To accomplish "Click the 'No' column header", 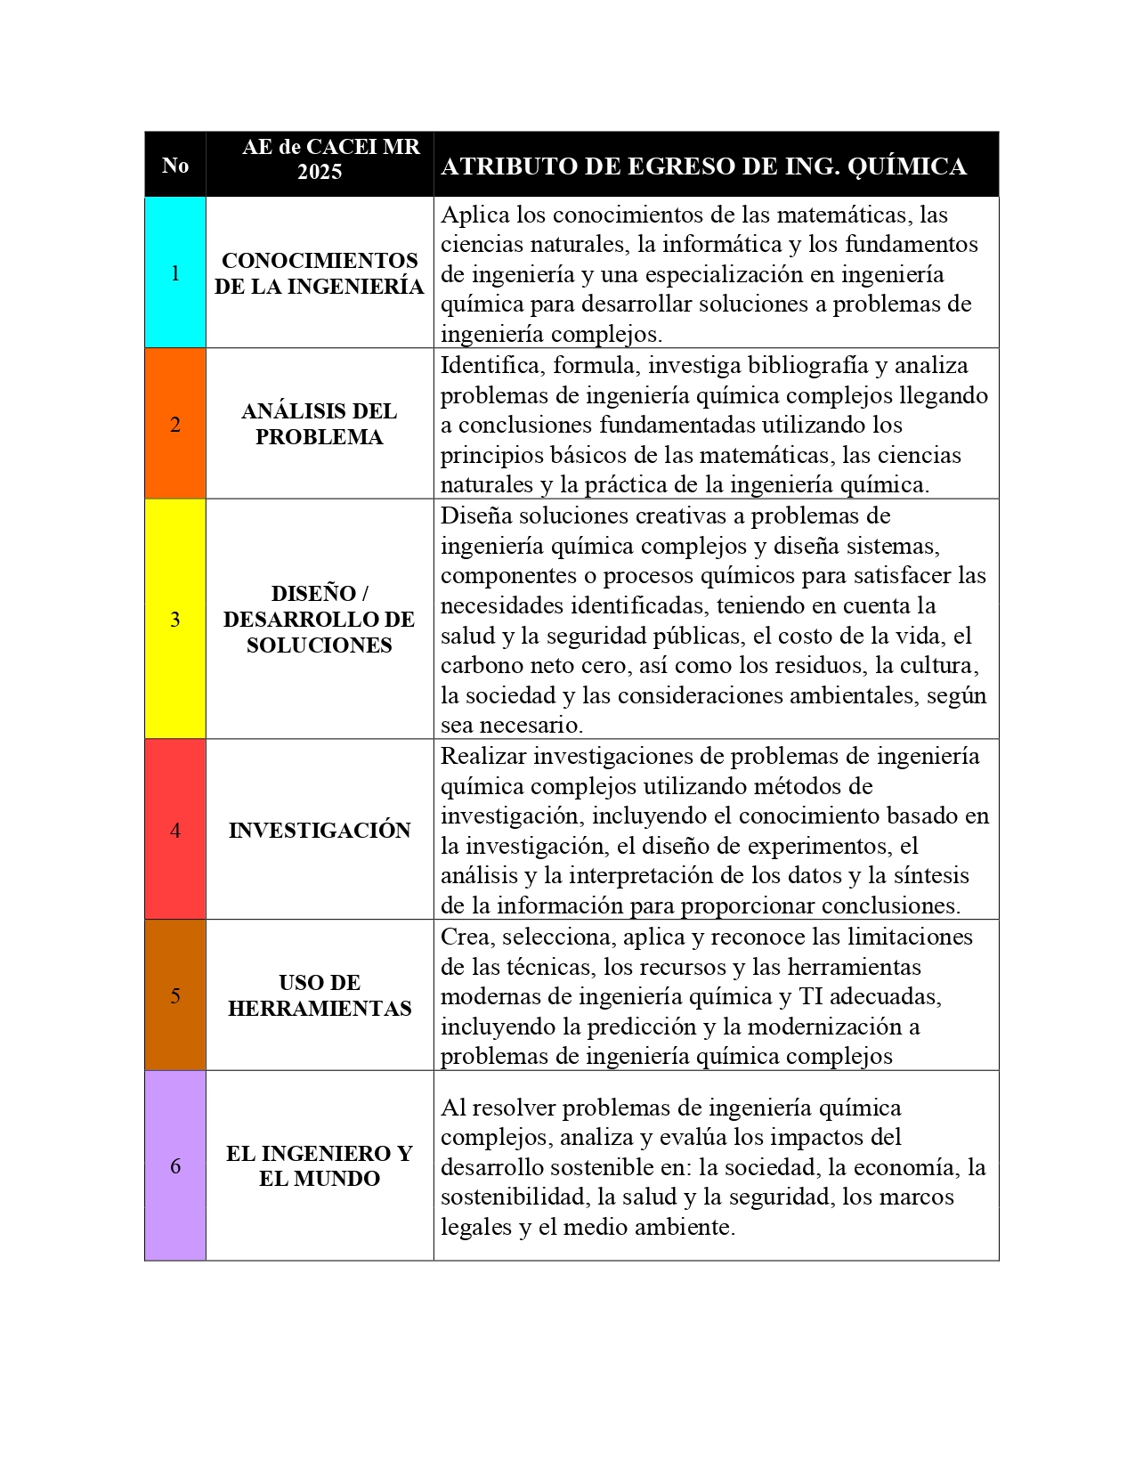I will [x=175, y=166].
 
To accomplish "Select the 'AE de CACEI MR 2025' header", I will [x=320, y=159].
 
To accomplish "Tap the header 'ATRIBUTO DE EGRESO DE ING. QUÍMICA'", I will [x=703, y=166].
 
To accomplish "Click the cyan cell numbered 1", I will [x=175, y=272].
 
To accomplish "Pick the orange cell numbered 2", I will [x=175, y=424].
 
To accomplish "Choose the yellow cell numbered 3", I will [x=175, y=619].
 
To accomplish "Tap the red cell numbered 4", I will [x=175, y=830].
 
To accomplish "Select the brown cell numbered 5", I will [x=175, y=995].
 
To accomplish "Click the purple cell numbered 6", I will [x=175, y=1165].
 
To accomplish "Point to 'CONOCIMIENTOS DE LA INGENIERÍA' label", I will [x=320, y=273].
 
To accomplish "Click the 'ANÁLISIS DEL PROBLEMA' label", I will [x=320, y=424].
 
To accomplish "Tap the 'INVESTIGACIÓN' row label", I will [x=320, y=831].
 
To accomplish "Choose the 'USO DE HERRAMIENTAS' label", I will [x=320, y=995].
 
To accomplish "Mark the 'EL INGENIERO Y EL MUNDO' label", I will [x=320, y=1166].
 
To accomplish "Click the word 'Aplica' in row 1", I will [x=469, y=215].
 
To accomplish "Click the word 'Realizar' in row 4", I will [x=482, y=757].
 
